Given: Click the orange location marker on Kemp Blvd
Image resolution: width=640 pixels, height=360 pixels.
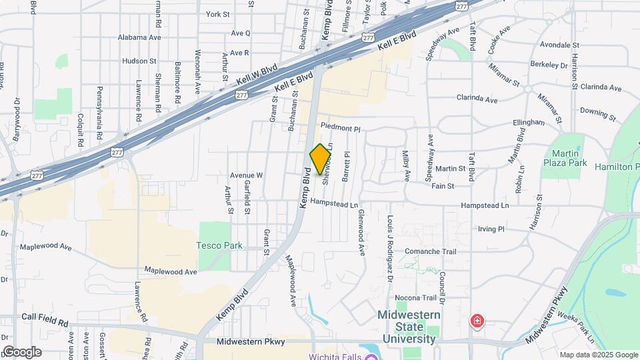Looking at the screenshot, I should [x=321, y=159].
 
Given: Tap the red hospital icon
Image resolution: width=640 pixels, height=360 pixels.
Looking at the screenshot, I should [x=477, y=322].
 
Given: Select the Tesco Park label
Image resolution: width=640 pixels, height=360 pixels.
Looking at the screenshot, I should [x=219, y=245].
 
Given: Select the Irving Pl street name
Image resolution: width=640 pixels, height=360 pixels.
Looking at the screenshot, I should [x=491, y=229].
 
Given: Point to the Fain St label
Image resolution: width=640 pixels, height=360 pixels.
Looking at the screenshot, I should [x=443, y=186].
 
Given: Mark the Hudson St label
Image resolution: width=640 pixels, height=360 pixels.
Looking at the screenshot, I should [x=139, y=61].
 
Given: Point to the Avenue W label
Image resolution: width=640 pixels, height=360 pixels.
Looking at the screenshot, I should [x=247, y=175].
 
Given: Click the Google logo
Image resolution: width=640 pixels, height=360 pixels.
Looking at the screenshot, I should [x=21, y=351].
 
